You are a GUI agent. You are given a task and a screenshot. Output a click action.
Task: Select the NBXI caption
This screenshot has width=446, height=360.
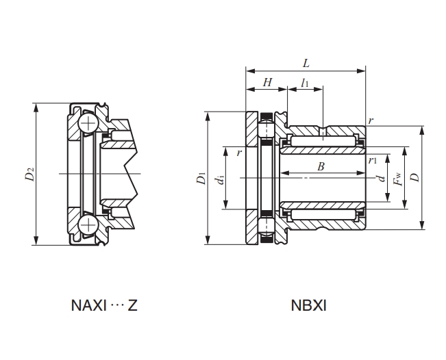point(309,305)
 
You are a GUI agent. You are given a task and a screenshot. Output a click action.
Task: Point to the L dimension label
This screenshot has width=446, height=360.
point(306,64)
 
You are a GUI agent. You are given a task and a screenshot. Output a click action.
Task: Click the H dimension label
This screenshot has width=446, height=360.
point(267,82)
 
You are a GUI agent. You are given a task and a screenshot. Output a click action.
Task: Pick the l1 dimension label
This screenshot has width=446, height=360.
point(305,83)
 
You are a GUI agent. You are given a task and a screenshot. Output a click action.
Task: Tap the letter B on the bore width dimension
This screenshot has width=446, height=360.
point(321,167)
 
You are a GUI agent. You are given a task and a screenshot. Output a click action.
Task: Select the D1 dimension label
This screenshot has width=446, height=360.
point(201,179)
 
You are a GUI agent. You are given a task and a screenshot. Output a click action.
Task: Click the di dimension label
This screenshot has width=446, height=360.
point(219,179)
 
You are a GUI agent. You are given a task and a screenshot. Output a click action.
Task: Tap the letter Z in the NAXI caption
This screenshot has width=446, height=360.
point(132,305)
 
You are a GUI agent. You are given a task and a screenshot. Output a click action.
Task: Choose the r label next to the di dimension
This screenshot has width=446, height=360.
point(238,153)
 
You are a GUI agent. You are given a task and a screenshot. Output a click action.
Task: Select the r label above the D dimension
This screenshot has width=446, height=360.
point(371,120)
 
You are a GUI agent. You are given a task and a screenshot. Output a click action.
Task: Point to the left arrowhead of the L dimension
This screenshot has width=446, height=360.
point(248,70)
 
